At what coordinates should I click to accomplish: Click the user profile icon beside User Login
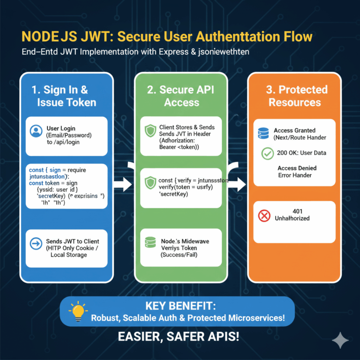(x=36, y=131)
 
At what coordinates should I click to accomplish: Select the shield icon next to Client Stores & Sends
(x=150, y=131)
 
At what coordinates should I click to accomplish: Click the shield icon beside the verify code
(x=150, y=182)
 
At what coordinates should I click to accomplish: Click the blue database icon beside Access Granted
(x=263, y=134)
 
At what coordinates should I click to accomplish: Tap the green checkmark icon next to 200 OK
(x=267, y=153)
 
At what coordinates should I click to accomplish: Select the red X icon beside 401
(x=264, y=216)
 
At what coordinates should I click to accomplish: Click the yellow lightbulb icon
(x=78, y=311)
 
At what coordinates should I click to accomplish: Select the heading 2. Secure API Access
(x=180, y=96)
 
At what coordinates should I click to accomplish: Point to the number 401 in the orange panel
(x=297, y=211)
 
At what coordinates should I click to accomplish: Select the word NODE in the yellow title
(x=42, y=36)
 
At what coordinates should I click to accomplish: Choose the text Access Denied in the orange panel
(x=297, y=168)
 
